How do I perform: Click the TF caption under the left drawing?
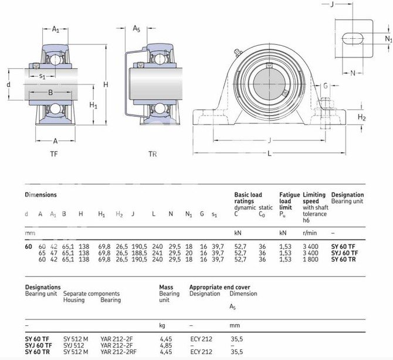pyautogui.click(x=53, y=154)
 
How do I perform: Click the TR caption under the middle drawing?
pyautogui.click(x=153, y=154)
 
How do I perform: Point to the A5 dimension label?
pyautogui.click(x=136, y=29)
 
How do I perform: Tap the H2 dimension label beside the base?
pyautogui.click(x=362, y=117)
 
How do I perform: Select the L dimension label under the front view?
pyautogui.click(x=269, y=153)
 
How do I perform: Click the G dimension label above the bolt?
pyautogui.click(x=326, y=86)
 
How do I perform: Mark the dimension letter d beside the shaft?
pyautogui.click(x=9, y=85)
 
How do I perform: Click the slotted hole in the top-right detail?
pyautogui.click(x=353, y=39)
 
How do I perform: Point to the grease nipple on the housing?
pyautogui.click(x=238, y=52)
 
